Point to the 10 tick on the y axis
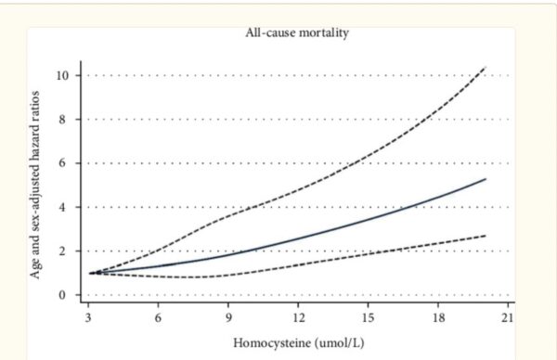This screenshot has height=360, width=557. point(63,75)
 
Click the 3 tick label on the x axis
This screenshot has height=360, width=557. point(88,316)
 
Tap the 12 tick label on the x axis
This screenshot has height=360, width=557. point(298,316)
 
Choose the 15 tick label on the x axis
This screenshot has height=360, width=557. point(368,316)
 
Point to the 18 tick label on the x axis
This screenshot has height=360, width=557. point(438,316)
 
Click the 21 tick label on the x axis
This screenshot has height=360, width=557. point(508,316)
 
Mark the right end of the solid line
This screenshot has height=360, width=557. point(485,179)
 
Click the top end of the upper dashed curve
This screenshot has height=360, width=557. point(485,68)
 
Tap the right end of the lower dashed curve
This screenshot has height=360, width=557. point(485,236)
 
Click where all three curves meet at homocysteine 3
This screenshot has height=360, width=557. point(89,273)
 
